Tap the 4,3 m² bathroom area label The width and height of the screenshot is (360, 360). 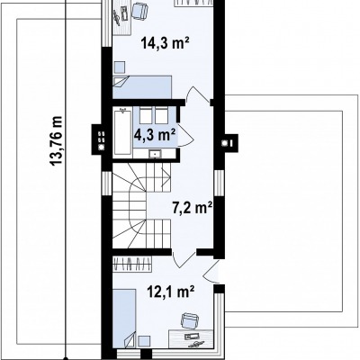pos(155,135)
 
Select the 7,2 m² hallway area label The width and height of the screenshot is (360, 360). pos(193,208)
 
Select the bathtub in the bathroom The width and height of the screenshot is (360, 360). pos(122,132)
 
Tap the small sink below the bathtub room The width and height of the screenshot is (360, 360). pos(155,154)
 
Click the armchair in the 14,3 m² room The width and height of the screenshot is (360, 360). pos(139,11)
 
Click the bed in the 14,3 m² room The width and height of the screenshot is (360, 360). pos(142,87)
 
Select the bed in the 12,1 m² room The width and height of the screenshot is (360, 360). pos(124,319)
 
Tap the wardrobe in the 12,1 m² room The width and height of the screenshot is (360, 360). pos(131,265)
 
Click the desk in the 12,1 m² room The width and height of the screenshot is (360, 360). pos(191,339)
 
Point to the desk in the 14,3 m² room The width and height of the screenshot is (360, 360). pos(121,18)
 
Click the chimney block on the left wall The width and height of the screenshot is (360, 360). pos(98,139)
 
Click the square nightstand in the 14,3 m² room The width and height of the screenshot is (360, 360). pos(119,67)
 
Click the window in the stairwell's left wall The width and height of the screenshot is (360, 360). pos(106,184)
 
